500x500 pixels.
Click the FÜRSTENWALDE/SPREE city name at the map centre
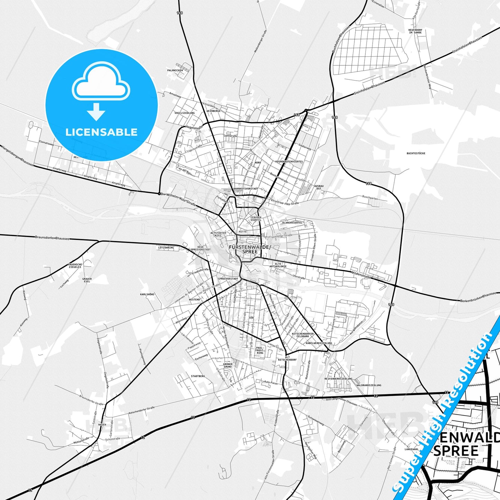(x=250, y=249)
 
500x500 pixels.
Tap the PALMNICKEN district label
(x=175, y=70)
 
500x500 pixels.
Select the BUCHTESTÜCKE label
(x=416, y=153)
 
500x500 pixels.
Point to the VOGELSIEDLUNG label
(x=184, y=113)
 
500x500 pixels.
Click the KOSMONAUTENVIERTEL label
(x=289, y=162)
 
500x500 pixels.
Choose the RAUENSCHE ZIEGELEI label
(x=75, y=266)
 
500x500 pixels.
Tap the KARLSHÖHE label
(x=147, y=294)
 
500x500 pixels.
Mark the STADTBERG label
(x=198, y=376)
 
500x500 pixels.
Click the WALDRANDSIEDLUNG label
(x=369, y=385)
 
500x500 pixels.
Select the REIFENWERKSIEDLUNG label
(x=338, y=379)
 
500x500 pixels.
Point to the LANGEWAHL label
(x=411, y=449)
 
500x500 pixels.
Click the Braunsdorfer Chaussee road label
(x=52, y=238)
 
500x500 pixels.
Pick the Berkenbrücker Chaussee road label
(x=478, y=297)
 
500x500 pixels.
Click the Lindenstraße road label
(x=361, y=275)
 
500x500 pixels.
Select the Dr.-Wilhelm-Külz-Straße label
(x=178, y=200)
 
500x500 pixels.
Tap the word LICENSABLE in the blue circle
(x=101, y=132)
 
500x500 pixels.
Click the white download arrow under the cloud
(x=96, y=111)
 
